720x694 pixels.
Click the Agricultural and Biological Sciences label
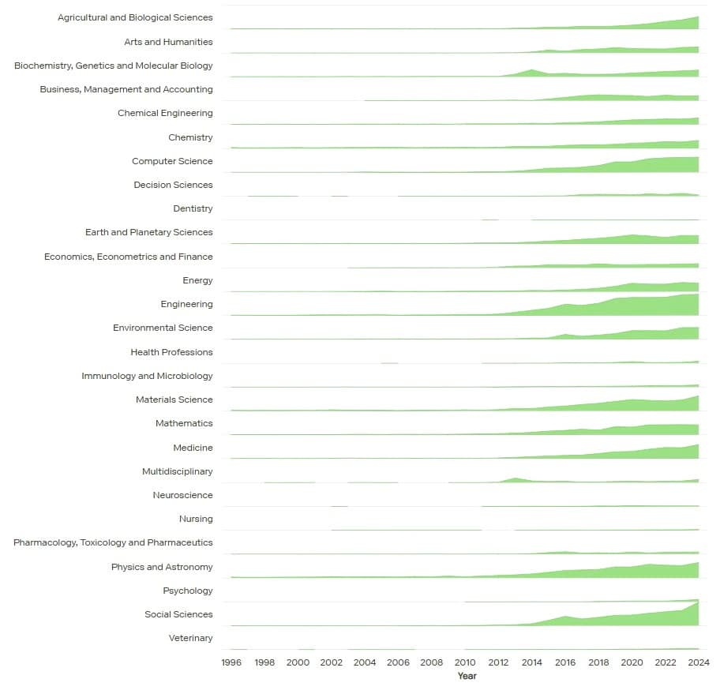click(x=135, y=17)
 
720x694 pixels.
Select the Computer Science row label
click(x=172, y=161)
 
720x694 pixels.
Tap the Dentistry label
click(x=193, y=208)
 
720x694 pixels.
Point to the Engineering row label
click(x=186, y=304)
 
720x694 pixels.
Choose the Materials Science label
click(x=174, y=400)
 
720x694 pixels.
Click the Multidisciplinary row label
click(x=172, y=471)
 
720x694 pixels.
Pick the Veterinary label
click(x=190, y=638)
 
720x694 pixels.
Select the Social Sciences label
click(x=178, y=614)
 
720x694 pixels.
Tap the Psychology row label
click(x=188, y=591)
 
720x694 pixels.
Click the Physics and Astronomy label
click(x=162, y=567)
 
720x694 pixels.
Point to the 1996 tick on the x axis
click(x=231, y=663)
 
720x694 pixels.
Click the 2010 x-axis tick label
click(x=465, y=663)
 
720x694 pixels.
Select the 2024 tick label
click(x=699, y=663)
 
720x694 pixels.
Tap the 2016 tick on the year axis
click(x=565, y=663)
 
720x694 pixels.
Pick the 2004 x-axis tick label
click(x=365, y=663)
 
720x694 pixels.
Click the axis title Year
click(x=467, y=677)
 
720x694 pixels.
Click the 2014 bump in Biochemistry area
click(x=531, y=72)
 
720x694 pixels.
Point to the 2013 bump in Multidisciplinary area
click(x=516, y=479)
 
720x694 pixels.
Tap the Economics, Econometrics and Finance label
click(x=129, y=257)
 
